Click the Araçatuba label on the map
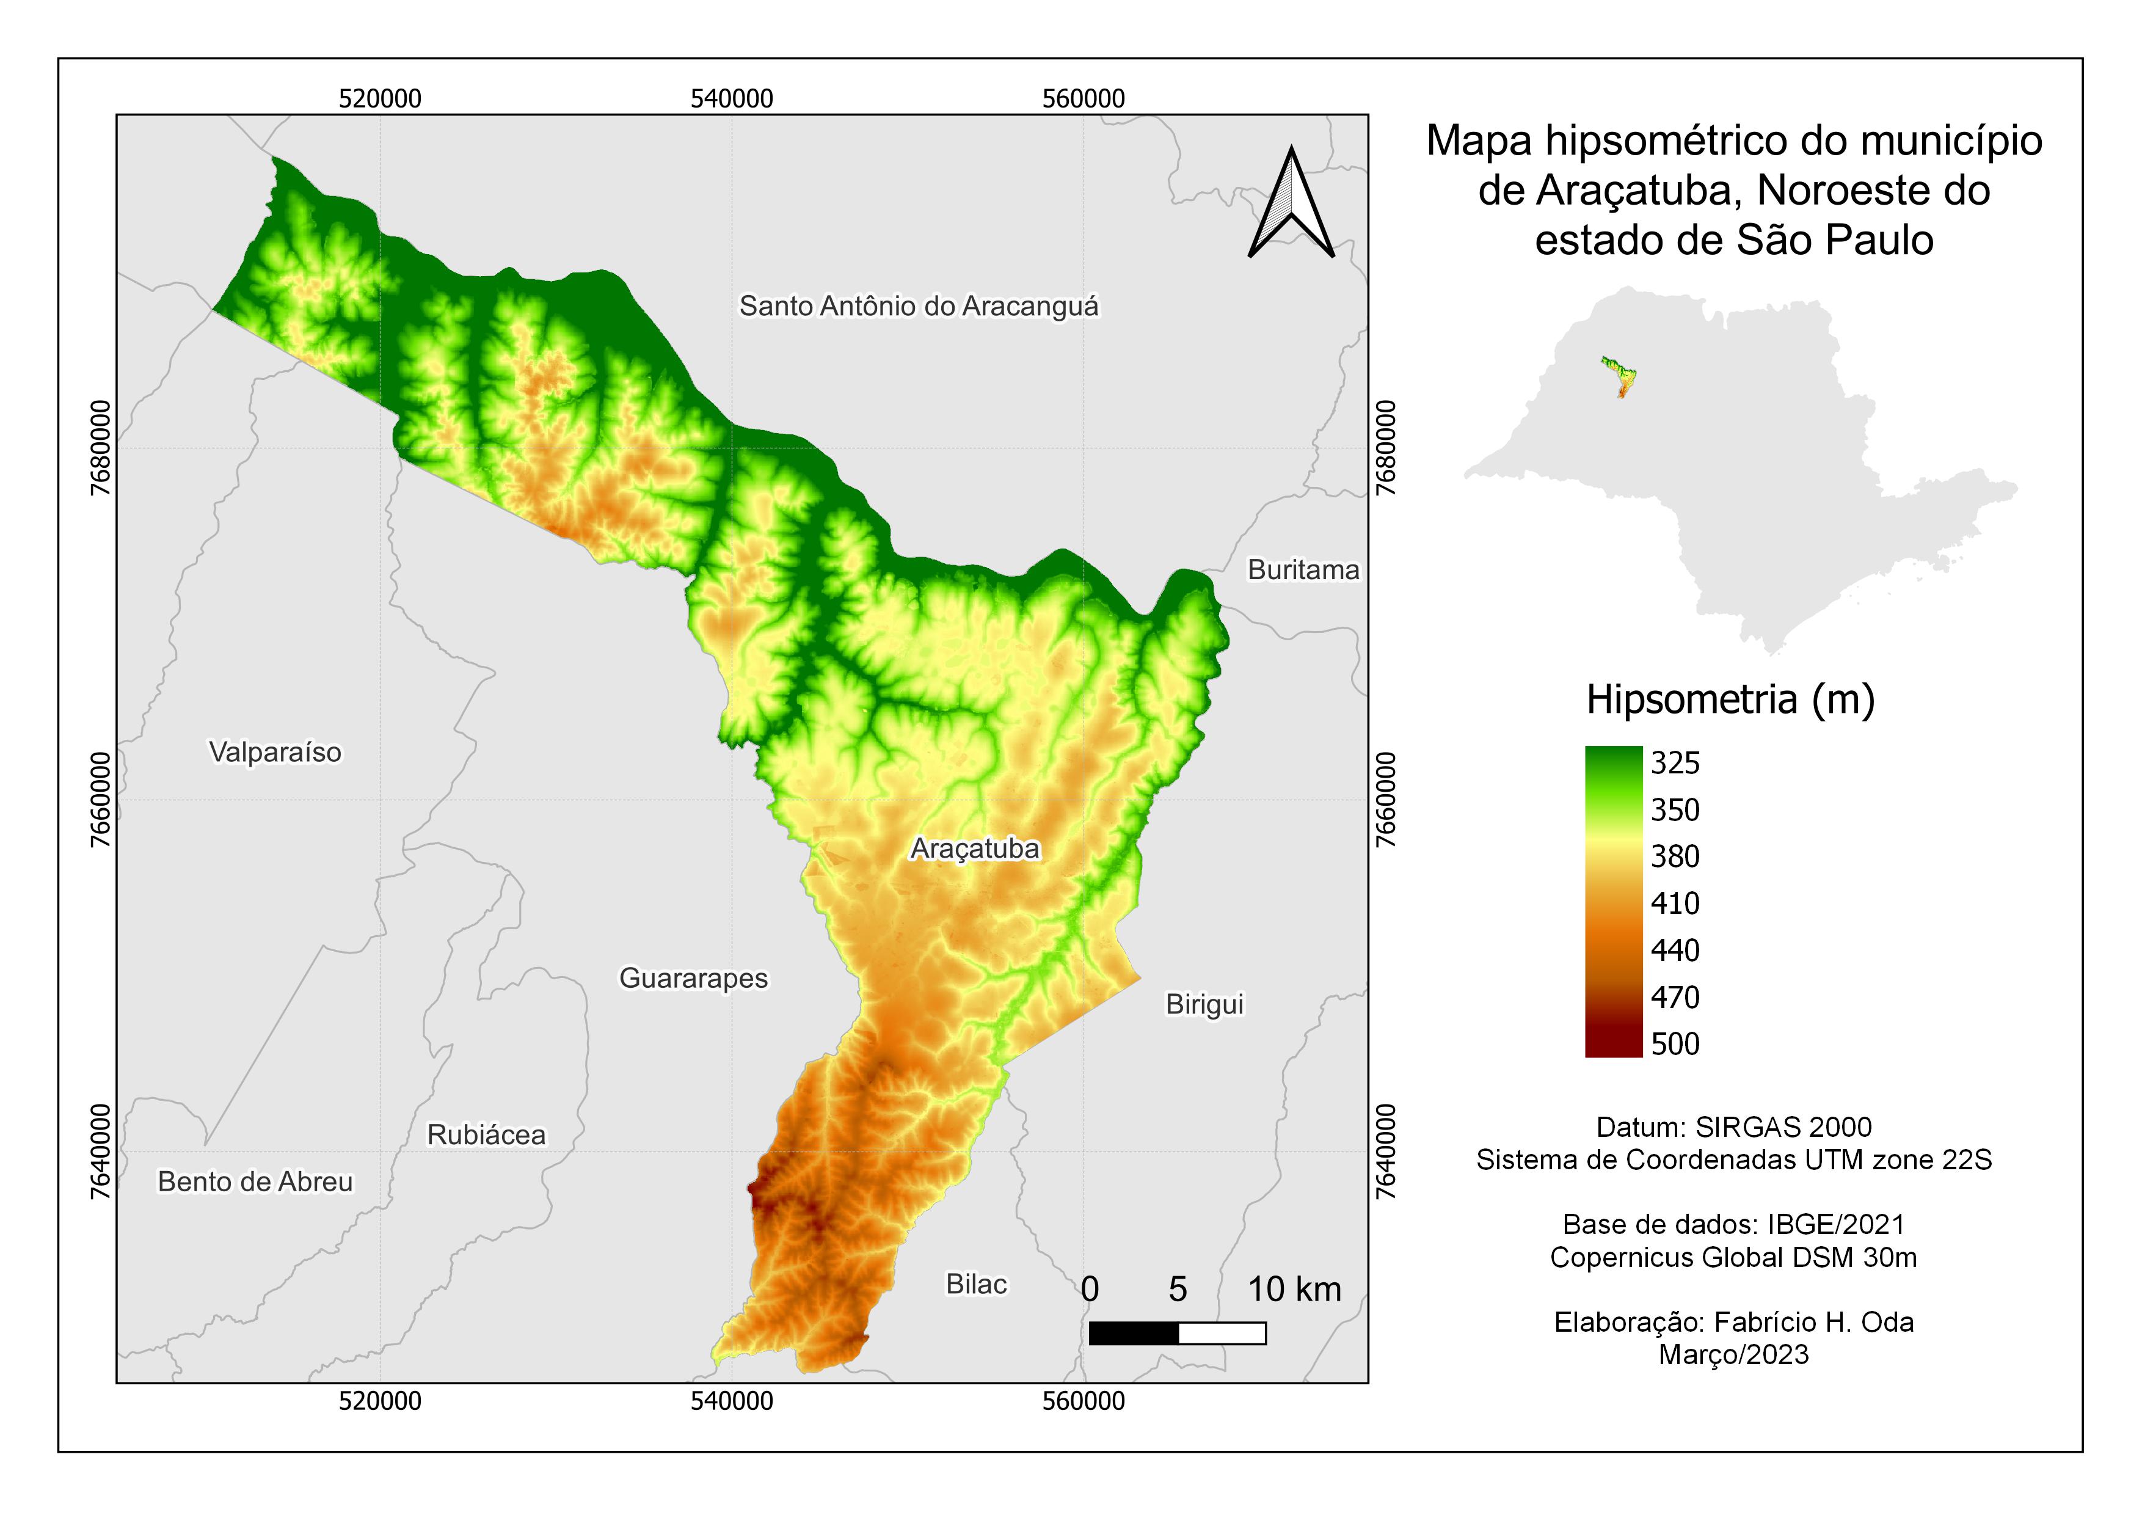pyautogui.click(x=975, y=849)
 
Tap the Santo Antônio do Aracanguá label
pyautogui.click(x=919, y=306)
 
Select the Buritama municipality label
pyautogui.click(x=1303, y=570)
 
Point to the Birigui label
pyautogui.click(x=1204, y=1005)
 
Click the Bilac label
pyautogui.click(x=976, y=1285)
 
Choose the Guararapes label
pyautogui.click(x=693, y=979)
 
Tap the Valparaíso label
pyautogui.click(x=275, y=753)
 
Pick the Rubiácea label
pyautogui.click(x=486, y=1135)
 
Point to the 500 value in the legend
pyautogui.click(x=1675, y=1044)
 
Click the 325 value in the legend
pyautogui.click(x=1675, y=763)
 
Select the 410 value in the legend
pyautogui.click(x=1675, y=903)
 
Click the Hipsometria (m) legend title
pyautogui.click(x=1730, y=699)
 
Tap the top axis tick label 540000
pyautogui.click(x=732, y=99)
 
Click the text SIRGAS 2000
pyautogui.click(x=1783, y=1127)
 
